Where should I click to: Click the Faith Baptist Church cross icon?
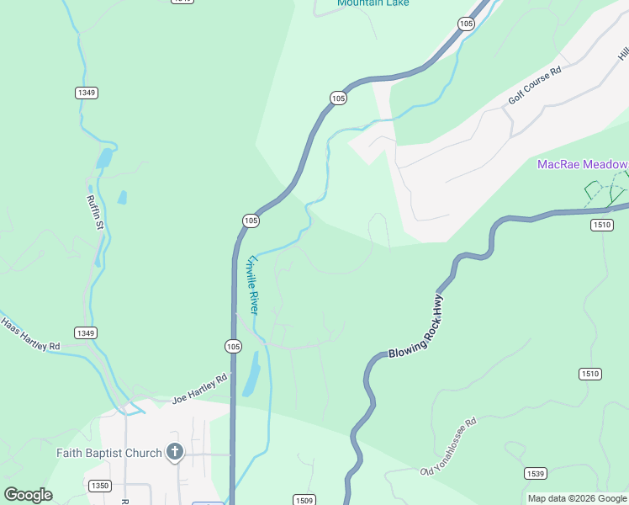click(175, 453)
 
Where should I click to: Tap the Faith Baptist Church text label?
click(109, 453)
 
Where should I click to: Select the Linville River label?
click(251, 284)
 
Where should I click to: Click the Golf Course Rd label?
click(534, 87)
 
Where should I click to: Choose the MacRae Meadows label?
click(583, 164)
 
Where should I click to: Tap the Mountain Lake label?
click(373, 3)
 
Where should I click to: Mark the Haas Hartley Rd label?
click(30, 334)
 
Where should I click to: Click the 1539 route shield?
click(535, 474)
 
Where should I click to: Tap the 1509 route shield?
click(304, 500)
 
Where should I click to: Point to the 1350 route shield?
click(99, 486)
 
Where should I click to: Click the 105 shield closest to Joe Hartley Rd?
click(233, 346)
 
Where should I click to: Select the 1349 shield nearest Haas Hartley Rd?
click(85, 332)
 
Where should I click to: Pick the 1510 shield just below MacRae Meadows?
click(601, 224)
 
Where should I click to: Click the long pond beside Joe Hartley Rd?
click(251, 374)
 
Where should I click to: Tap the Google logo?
click(28, 495)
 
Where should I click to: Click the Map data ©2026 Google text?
click(576, 498)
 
